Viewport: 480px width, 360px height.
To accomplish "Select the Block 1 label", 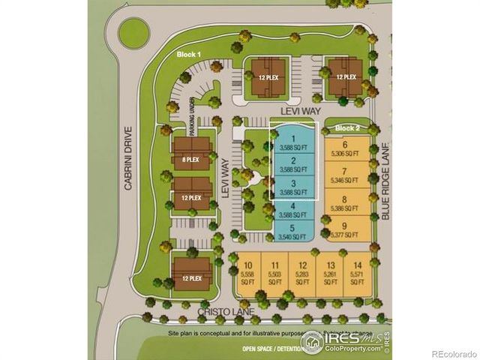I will point(187,55).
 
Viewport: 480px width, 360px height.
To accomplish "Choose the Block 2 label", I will point(347,127).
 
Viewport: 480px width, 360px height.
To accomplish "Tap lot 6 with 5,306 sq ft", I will point(346,149).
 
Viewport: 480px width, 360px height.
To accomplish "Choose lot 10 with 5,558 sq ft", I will point(247,274).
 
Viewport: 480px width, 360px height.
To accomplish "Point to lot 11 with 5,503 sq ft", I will point(275,274).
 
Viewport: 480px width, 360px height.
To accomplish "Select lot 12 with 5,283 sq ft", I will point(303,274).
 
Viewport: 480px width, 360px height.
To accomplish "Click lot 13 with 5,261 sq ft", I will point(330,274).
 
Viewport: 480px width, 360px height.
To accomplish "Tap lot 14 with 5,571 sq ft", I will point(358,274).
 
